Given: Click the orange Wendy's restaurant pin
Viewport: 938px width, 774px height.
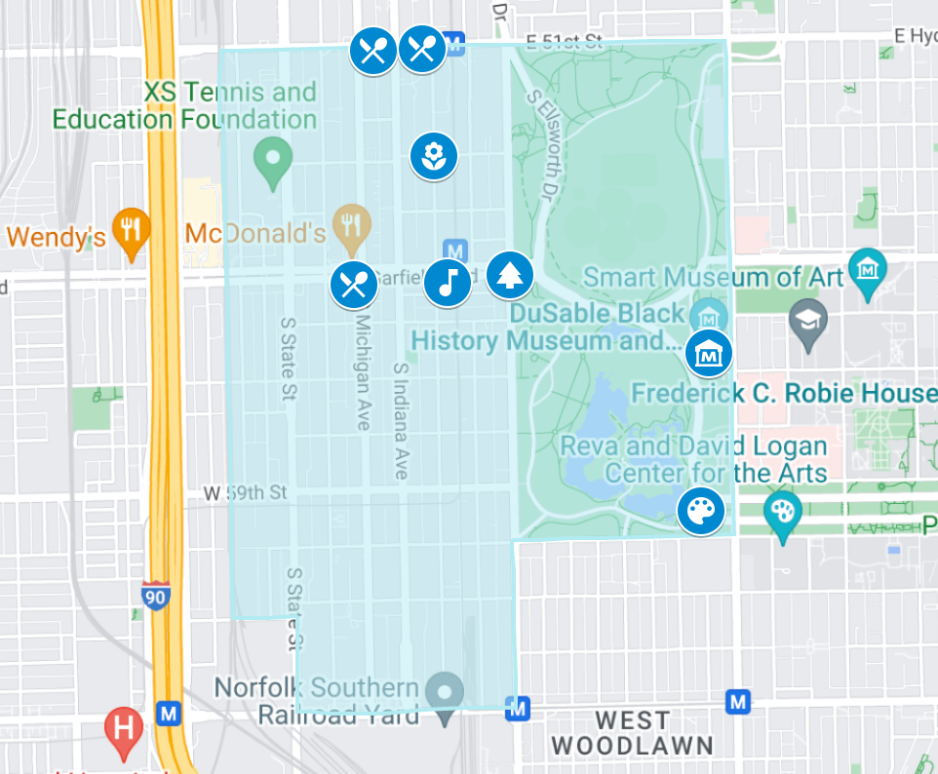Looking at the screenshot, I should pyautogui.click(x=130, y=230).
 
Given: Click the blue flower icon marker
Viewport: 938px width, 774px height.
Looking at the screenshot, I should pyautogui.click(x=434, y=156).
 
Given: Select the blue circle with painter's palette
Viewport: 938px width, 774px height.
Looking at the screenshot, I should pyautogui.click(x=702, y=511).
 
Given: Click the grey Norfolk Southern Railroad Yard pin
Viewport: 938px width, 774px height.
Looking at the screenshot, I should pyautogui.click(x=447, y=694).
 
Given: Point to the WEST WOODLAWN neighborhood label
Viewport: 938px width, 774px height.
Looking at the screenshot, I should pyautogui.click(x=632, y=733).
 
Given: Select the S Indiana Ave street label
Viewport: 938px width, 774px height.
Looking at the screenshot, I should pyautogui.click(x=400, y=420).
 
